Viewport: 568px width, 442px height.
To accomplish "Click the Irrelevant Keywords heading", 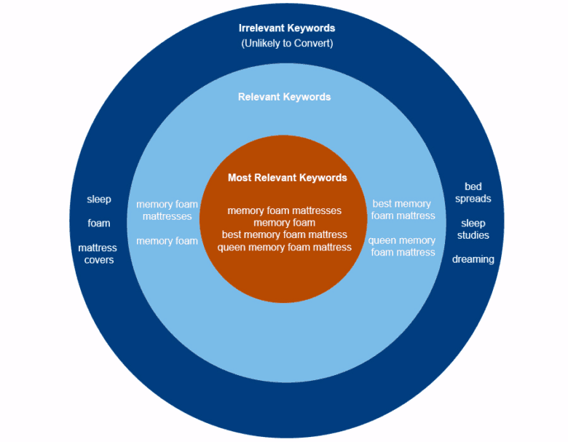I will point(287,28).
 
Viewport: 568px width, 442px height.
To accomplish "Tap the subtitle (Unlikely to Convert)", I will point(287,44).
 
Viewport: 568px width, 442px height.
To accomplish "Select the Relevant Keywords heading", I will point(284,97).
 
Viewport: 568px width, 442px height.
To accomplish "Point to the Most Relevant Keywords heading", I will point(287,178).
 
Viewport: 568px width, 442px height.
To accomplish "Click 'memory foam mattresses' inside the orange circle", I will point(284,210).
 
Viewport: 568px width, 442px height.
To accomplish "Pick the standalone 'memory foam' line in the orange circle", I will point(284,223).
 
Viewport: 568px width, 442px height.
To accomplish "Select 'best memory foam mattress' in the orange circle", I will point(284,234).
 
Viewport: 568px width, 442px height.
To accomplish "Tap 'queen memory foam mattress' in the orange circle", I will point(284,247).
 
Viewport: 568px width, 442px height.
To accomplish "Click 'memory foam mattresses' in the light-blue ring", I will point(167,210).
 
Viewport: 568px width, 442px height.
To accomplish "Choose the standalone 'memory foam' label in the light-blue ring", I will point(167,241).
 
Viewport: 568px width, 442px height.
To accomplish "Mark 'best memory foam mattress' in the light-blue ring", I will point(403,210).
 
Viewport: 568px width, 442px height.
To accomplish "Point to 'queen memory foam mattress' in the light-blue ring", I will point(402,246).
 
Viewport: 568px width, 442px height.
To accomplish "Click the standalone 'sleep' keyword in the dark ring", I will point(99,199).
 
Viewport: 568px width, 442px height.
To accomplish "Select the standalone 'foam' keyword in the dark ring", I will point(99,223).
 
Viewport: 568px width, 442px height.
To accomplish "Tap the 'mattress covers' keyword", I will point(98,254).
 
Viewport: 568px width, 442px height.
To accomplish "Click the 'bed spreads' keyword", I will point(473,193).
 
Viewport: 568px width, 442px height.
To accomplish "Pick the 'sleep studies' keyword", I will point(473,229).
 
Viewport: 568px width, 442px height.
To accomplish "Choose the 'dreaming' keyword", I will point(473,259).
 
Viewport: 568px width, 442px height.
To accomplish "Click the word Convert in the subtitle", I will point(312,44).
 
